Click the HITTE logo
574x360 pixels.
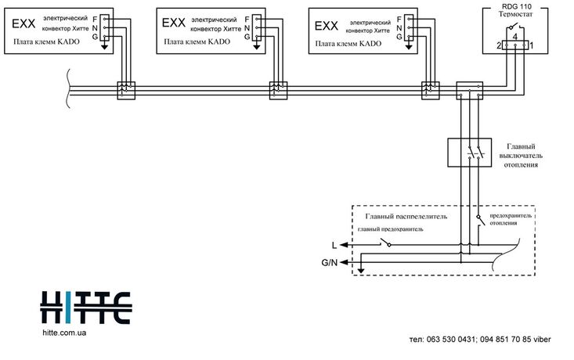[85, 306]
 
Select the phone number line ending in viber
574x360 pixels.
[486, 340]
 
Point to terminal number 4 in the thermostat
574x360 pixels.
[514, 36]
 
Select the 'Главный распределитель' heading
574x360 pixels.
[406, 216]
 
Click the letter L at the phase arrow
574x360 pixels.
[334, 246]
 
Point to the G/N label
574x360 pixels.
[330, 264]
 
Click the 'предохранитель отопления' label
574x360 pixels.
[511, 218]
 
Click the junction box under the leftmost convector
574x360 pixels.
[125, 91]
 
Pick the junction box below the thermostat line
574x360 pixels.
[470, 91]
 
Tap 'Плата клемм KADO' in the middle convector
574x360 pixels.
[193, 43]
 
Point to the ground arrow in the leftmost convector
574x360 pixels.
[105, 45]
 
